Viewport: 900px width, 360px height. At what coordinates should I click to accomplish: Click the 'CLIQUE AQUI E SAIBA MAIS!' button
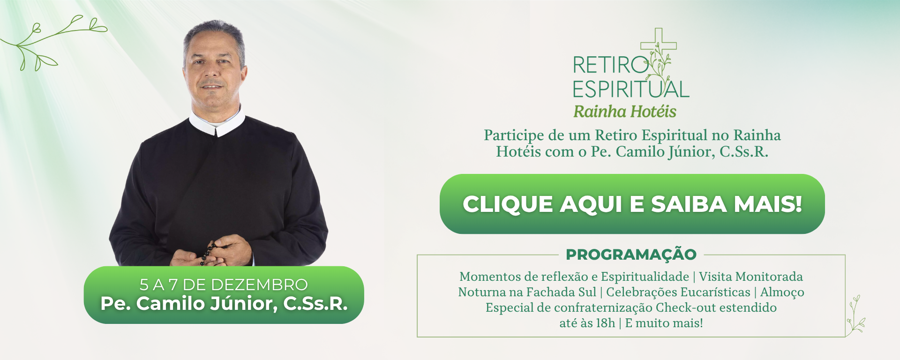point(632,204)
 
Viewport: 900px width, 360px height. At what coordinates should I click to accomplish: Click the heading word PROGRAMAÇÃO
point(631,255)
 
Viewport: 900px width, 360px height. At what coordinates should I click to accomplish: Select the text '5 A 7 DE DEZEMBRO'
point(224,285)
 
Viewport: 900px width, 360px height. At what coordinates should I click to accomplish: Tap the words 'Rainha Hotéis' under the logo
point(625,112)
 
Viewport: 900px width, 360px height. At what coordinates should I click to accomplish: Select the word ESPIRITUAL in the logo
point(631,89)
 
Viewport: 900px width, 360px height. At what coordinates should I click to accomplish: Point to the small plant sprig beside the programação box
point(855,314)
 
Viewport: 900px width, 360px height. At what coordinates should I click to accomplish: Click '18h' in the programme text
point(605,323)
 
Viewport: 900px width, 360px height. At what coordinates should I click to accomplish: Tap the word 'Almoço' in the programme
point(782,292)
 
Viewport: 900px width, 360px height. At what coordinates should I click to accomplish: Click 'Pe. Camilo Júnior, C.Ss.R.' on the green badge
point(224,304)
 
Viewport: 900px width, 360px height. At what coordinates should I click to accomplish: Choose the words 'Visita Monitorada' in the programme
point(750,277)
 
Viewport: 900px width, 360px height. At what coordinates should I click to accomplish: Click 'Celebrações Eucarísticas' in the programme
point(678,292)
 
